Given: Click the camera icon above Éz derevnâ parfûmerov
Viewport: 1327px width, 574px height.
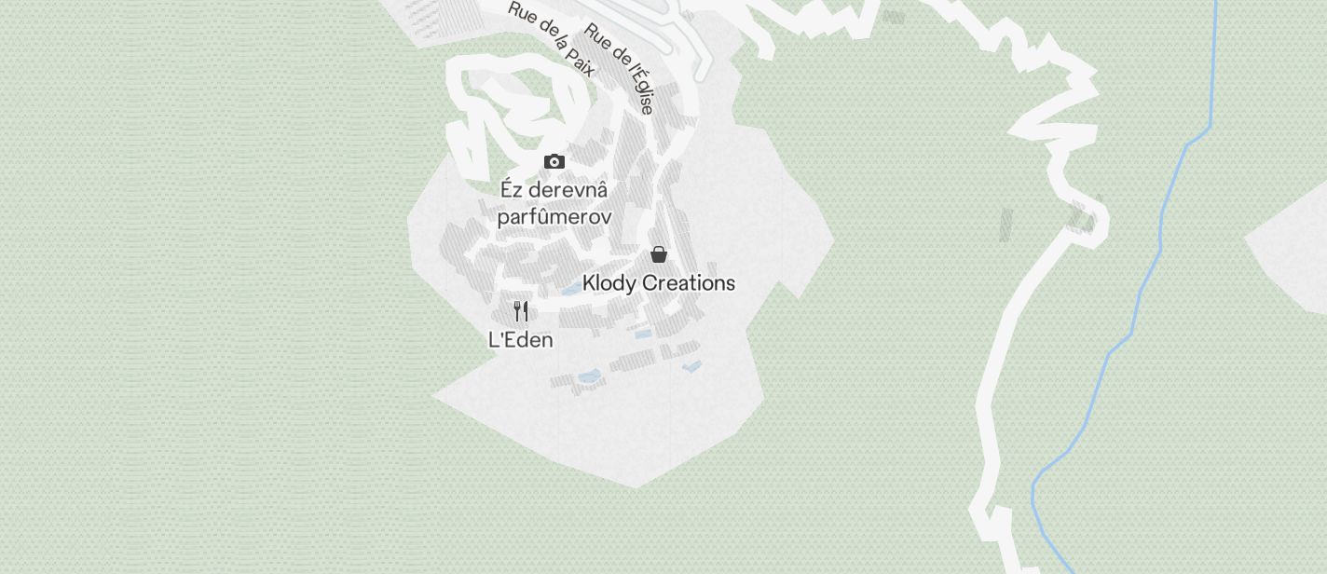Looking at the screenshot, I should (554, 162).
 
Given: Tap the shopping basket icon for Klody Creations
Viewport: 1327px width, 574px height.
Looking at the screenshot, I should (659, 254).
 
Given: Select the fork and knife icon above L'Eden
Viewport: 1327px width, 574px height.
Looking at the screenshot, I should (521, 311).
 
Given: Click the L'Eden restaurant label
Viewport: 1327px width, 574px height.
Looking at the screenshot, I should (521, 340).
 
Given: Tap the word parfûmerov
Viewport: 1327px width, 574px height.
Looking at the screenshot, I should (554, 218).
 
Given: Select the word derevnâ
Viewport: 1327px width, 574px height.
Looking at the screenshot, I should (568, 190).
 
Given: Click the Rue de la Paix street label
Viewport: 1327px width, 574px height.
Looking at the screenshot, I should (552, 38).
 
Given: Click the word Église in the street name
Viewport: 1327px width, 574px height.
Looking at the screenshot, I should (639, 93).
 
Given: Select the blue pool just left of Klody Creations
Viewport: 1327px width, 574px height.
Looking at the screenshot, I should (570, 290).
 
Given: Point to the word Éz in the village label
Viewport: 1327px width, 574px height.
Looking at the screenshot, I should (511, 190).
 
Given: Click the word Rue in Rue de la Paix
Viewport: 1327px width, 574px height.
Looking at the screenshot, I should (520, 12).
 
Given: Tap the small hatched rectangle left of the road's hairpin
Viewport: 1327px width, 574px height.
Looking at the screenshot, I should (1006, 225).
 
